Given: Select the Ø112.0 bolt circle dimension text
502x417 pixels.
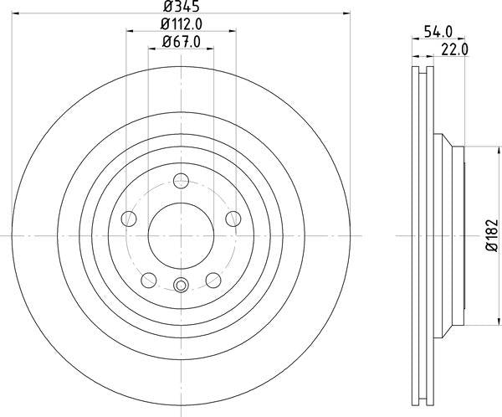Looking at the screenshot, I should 182,25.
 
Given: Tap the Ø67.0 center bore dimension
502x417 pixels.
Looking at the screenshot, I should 182,42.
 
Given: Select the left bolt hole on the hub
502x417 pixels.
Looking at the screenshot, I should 129,219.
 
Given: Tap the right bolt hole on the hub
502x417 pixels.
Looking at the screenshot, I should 233,219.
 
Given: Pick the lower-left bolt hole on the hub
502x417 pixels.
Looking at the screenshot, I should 149,280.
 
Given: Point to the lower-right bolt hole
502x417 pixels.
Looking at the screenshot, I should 214,280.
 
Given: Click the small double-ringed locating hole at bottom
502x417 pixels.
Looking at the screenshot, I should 182,285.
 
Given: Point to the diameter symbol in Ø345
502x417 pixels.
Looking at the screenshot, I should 166,8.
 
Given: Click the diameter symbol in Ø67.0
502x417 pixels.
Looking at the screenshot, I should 165,42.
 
